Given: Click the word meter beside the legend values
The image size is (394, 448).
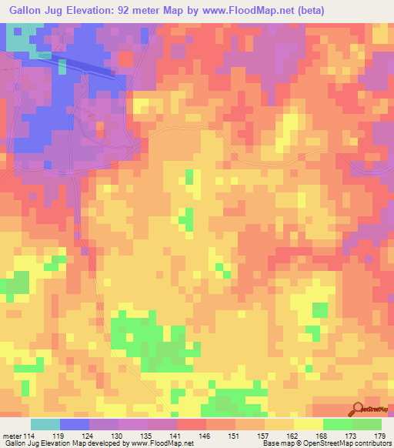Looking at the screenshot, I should (13, 435).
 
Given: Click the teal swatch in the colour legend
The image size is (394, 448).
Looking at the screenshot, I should (45, 424).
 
